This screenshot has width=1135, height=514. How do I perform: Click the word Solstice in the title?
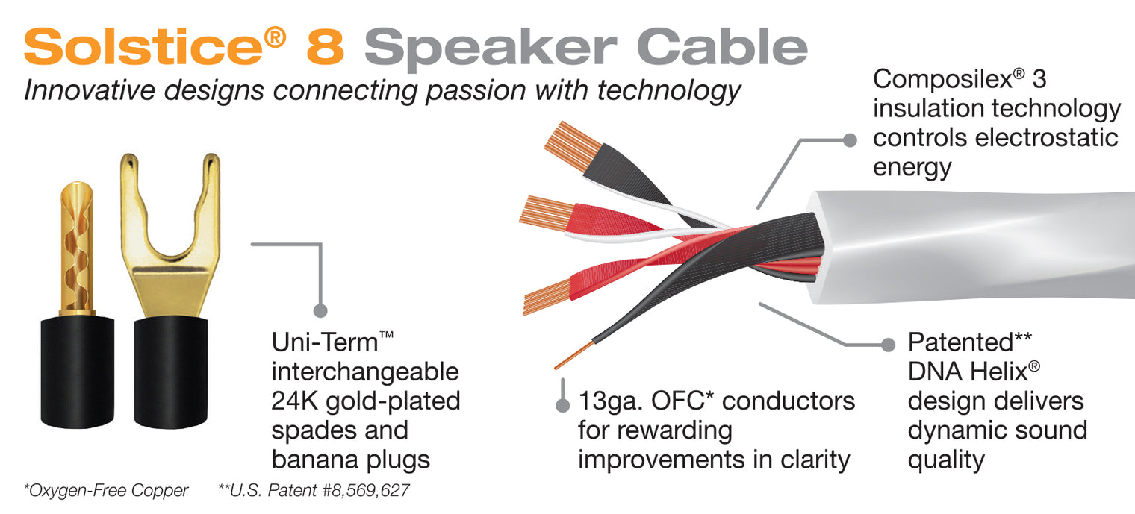143,46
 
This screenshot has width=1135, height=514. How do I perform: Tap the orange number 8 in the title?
326,46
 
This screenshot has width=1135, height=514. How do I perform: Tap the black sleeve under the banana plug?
77,372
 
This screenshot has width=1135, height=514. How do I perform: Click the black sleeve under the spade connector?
171,372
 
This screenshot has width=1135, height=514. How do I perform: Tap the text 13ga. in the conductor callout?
611,401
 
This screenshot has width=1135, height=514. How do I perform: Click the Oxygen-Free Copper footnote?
106,490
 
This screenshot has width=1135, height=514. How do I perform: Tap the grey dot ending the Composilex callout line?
850,140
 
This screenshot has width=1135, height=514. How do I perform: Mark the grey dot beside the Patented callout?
888,345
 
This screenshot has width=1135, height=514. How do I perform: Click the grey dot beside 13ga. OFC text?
562,405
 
